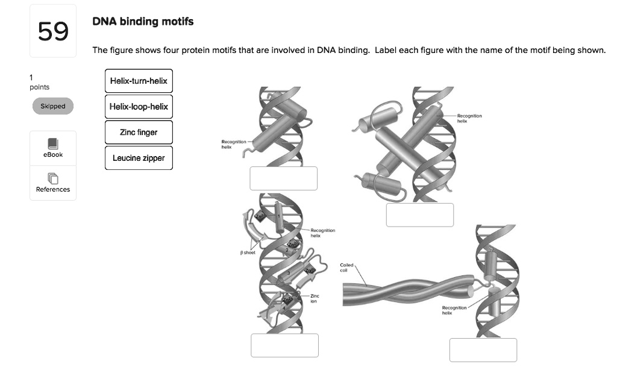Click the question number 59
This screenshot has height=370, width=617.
53,31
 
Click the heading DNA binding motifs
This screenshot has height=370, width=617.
143,22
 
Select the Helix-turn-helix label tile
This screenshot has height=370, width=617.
139,81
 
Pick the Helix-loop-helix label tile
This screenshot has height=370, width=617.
139,107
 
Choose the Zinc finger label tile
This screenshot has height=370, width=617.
139,132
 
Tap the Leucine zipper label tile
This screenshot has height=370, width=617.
139,158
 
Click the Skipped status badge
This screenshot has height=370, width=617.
53,106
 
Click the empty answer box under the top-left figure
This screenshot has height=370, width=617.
284,178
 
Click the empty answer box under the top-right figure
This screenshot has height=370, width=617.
419,215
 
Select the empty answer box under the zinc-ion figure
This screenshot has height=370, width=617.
284,345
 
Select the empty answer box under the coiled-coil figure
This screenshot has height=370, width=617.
483,350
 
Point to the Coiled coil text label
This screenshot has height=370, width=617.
347,266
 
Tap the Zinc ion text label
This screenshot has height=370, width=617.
315,298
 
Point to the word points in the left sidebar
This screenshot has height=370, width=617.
40,87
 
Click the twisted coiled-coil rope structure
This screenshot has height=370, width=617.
404,291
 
